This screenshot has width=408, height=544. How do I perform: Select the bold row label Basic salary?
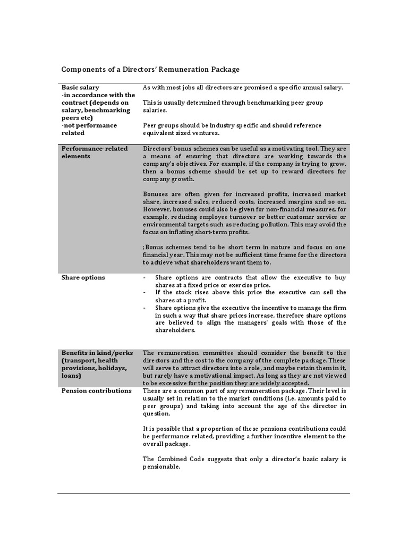[80, 88]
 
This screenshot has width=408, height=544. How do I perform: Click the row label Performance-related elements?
[95, 152]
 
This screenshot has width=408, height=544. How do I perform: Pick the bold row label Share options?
[83, 277]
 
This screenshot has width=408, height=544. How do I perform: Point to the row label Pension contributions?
[96, 390]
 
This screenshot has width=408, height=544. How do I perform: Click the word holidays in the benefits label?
[110, 368]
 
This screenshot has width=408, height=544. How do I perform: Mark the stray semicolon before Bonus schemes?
[143, 248]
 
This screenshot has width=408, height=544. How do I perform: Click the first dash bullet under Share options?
[145, 278]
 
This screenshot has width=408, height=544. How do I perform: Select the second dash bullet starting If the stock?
[145, 293]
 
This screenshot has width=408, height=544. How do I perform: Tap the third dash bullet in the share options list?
[145, 308]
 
